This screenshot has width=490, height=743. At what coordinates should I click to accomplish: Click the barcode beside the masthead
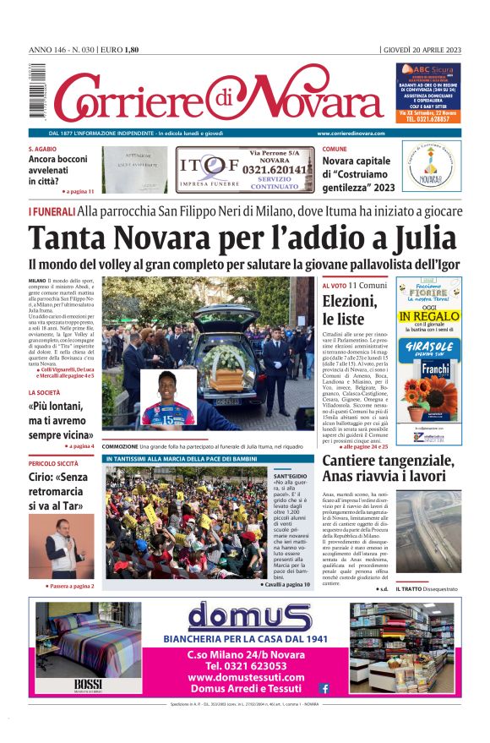pos(35,92)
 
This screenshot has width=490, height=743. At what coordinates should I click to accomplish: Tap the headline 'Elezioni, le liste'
pos(350,309)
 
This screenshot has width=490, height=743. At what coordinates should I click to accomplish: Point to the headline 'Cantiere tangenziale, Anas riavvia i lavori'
pos(388,468)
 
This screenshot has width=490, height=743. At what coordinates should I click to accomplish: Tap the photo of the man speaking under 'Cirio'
pos(62,546)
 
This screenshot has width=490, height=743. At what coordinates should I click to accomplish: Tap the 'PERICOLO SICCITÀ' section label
pos(53,464)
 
